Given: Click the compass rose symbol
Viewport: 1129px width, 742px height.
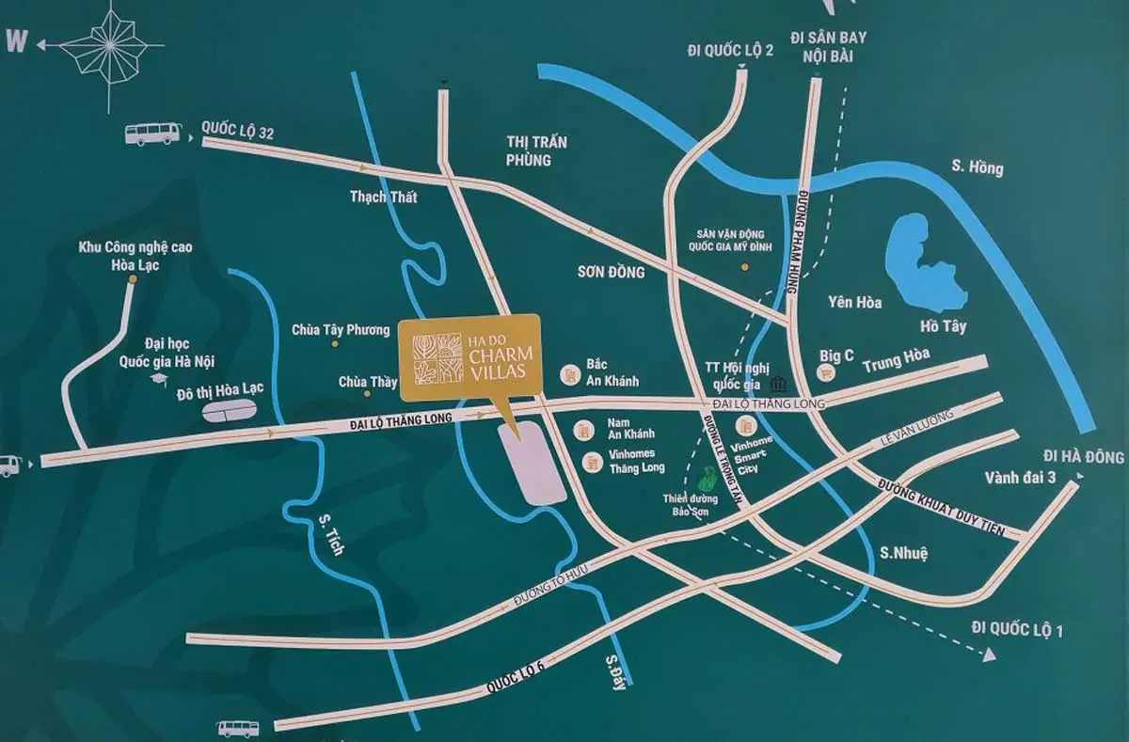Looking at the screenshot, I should [x=111, y=46].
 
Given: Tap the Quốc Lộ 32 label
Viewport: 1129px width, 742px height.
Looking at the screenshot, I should [x=238, y=132].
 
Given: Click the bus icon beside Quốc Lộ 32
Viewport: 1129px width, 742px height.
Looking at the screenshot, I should [x=153, y=134].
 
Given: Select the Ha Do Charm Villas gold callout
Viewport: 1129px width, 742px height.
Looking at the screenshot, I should [x=469, y=357].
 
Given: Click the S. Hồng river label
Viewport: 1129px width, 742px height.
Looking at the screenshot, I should [x=977, y=168].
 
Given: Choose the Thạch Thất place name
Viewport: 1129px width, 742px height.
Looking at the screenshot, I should [x=382, y=197].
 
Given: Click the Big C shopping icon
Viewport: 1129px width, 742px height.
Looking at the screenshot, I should [x=827, y=371].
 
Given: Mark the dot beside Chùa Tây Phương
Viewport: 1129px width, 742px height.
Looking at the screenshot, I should [x=334, y=344].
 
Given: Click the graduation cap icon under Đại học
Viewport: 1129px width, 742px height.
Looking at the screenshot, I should [x=159, y=378].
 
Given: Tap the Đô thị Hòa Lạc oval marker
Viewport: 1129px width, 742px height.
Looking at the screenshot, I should [x=230, y=411].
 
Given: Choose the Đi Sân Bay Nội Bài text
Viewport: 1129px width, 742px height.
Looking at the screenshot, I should [x=828, y=45].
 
